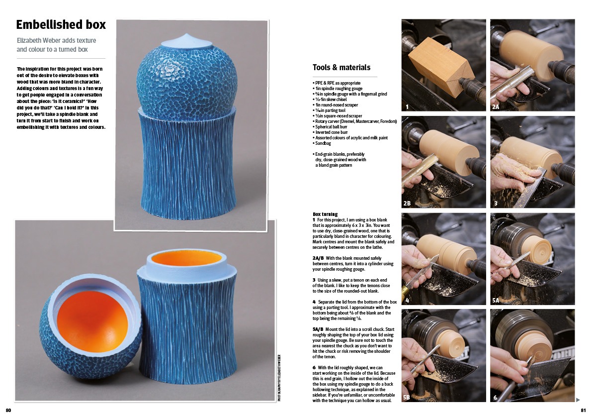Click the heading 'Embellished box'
(61, 24)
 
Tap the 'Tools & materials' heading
(341, 67)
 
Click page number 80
(8, 410)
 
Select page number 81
(584, 410)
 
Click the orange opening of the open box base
(186, 258)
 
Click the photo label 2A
(496, 107)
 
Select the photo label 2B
(407, 203)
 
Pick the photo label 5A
(496, 301)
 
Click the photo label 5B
(407, 397)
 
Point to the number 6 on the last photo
(495, 397)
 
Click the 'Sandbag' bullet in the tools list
(322, 143)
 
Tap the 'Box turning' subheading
(325, 214)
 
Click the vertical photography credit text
(279, 377)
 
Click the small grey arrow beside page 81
(578, 400)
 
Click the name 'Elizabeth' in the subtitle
(29, 40)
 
